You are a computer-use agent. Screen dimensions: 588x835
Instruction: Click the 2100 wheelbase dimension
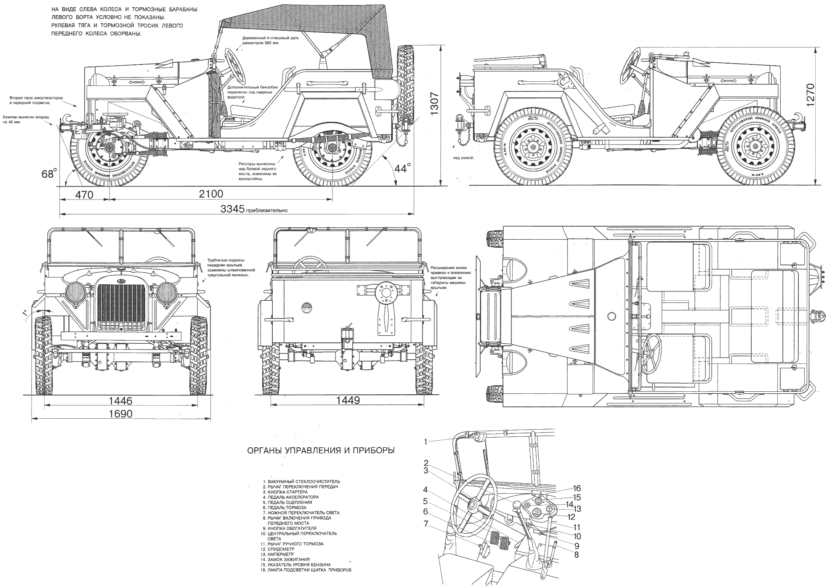(x=210, y=194)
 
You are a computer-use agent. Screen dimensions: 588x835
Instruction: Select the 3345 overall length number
(x=233, y=208)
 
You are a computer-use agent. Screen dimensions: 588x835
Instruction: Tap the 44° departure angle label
(x=402, y=168)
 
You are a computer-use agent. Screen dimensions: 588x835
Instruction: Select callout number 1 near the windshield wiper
(x=426, y=442)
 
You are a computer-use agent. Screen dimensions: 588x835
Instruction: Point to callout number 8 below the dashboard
(x=576, y=555)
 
